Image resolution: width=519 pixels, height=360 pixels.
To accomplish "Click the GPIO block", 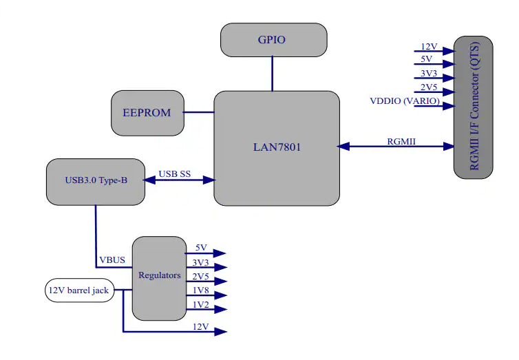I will [273, 40].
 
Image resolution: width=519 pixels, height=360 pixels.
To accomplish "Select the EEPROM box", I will [147, 113].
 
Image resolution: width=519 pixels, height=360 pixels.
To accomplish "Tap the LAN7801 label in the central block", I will [277, 147].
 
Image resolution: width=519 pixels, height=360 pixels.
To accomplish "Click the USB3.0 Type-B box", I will [96, 181].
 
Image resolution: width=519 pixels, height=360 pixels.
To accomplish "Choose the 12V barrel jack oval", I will [78, 290].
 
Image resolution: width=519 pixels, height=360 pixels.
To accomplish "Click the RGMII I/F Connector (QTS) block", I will [474, 107].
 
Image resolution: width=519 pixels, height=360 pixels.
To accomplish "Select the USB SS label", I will [175, 173].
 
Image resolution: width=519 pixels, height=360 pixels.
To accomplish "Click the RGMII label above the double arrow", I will [402, 141].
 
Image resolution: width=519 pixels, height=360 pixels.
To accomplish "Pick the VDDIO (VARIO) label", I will [405, 101].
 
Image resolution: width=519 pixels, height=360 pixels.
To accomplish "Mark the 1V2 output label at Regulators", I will [200, 305].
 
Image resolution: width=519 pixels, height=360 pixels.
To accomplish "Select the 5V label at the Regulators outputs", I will [200, 248].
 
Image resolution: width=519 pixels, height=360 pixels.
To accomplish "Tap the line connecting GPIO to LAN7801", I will [273, 74].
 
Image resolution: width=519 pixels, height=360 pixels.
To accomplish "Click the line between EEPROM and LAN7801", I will [200, 112].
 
